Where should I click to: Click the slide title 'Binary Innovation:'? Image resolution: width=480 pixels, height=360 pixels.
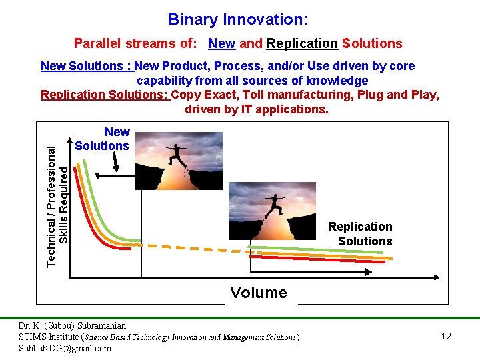238,19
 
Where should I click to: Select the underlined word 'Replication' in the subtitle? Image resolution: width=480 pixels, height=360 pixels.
301,44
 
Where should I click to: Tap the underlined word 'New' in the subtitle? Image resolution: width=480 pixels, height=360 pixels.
221,44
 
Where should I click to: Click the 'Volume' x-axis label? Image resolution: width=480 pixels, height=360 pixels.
258,293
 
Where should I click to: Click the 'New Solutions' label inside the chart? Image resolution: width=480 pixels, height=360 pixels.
103,139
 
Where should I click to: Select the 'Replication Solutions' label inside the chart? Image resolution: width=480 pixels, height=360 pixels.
360,234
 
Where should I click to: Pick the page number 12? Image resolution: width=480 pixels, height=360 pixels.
446,337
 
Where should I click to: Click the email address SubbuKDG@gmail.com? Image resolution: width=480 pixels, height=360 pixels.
65,348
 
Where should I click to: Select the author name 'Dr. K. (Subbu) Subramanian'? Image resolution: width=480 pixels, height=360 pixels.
72,326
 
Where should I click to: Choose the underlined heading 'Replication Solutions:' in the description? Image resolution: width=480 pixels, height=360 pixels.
105,95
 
